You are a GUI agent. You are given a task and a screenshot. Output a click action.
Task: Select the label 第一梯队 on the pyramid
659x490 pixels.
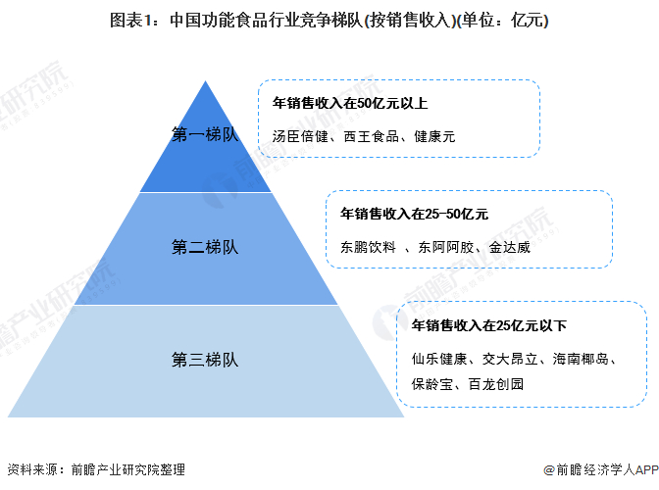205,135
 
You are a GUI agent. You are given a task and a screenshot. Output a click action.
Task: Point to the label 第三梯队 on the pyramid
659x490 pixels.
205,358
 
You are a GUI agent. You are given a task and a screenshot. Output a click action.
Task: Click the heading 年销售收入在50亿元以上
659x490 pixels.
349,103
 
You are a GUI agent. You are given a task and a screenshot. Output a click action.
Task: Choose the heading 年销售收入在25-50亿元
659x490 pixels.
413,213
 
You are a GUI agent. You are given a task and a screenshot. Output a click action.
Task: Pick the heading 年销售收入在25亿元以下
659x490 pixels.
488,325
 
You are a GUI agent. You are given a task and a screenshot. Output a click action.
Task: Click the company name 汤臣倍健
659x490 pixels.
300,136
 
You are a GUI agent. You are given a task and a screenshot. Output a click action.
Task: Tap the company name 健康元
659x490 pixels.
435,136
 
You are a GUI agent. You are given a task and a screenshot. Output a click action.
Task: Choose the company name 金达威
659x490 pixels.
510,247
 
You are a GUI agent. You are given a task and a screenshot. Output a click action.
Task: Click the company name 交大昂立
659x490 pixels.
510,360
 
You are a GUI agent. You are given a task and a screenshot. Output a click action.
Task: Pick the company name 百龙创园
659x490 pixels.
496,383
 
